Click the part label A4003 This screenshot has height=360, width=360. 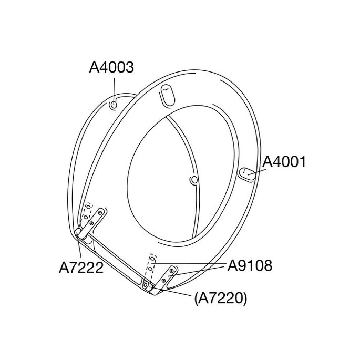(x=111, y=67)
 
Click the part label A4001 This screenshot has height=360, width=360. (x=284, y=161)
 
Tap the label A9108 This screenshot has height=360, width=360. (x=250, y=266)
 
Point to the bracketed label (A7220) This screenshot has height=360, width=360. (x=220, y=299)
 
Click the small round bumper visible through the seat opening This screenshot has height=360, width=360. (x=194, y=180)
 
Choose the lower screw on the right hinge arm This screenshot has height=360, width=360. (x=164, y=281)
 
